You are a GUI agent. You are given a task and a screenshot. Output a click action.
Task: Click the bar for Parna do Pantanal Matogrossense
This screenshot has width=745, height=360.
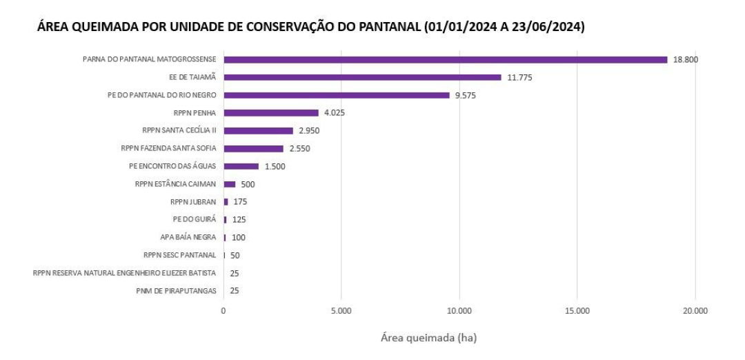(x=445, y=59)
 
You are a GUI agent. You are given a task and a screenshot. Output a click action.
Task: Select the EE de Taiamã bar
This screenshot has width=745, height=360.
(x=362, y=77)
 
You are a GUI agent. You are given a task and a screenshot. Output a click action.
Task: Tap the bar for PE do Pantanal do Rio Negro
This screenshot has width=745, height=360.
(x=336, y=95)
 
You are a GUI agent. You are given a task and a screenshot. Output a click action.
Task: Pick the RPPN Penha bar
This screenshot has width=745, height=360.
(x=270, y=112)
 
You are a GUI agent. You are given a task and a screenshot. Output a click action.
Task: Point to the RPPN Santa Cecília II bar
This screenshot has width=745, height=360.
(x=258, y=130)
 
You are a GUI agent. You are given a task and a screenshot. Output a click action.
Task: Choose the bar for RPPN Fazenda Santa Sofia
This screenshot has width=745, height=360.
(x=253, y=148)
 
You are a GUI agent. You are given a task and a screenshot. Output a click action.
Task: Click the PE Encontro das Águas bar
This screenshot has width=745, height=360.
(x=241, y=166)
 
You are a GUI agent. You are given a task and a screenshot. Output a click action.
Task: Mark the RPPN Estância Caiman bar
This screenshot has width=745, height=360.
(x=229, y=184)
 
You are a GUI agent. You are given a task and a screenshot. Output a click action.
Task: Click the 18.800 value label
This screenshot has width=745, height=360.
(x=686, y=60)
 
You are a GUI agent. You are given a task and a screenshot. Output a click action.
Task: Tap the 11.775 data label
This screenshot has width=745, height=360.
(x=519, y=77)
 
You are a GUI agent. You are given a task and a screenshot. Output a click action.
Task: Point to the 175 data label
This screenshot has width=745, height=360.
(x=240, y=202)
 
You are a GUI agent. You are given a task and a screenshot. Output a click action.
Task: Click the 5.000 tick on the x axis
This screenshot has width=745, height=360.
(x=341, y=311)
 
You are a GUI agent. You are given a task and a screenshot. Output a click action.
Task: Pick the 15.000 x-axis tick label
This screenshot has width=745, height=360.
(x=577, y=311)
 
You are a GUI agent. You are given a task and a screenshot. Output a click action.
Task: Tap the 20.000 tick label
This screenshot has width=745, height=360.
(x=695, y=311)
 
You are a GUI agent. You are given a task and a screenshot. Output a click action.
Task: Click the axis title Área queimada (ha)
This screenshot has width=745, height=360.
(x=428, y=339)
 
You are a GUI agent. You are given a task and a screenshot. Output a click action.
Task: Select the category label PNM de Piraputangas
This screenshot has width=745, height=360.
(x=176, y=291)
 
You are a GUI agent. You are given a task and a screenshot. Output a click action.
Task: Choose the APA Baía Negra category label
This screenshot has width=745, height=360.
(x=188, y=237)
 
